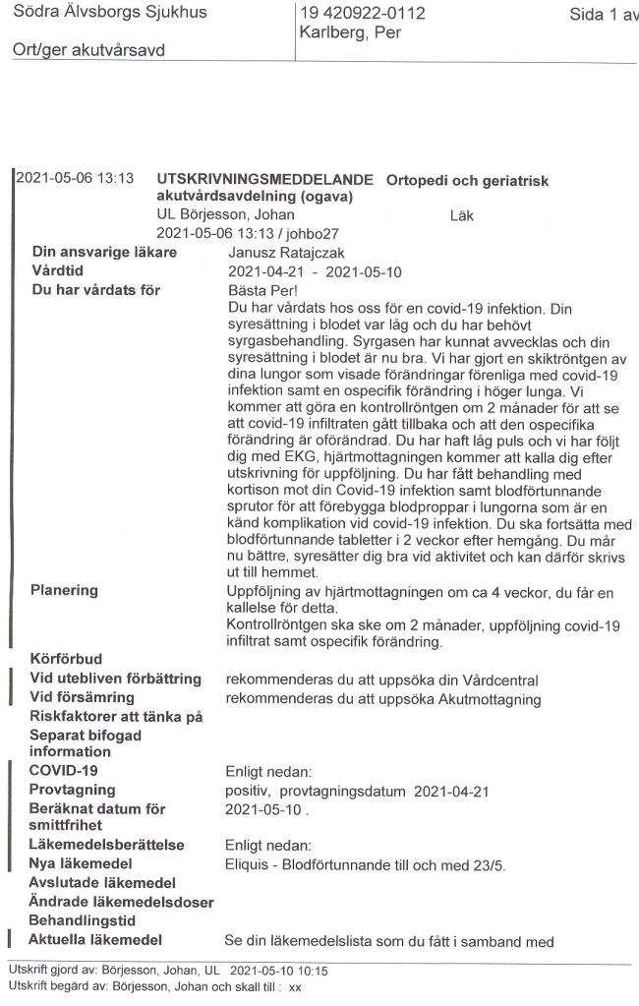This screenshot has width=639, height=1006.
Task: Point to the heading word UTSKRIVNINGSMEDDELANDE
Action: pos(265,180)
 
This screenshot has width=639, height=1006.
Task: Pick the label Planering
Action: pos(65,590)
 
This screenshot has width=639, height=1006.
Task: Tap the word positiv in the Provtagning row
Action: pos(250,791)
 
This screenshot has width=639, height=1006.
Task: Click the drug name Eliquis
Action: pos(246,862)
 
